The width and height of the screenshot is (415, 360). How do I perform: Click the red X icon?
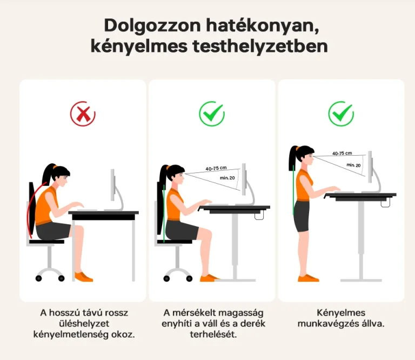pos(83,114)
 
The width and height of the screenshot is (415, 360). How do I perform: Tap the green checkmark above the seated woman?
pos(212,114)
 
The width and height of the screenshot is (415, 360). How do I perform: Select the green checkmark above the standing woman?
pos(341,114)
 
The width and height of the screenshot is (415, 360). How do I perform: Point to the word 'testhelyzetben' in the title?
pos(260,46)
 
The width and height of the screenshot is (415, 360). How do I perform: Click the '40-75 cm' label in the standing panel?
pos(342,154)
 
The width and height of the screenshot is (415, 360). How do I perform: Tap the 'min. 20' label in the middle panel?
pos(227,178)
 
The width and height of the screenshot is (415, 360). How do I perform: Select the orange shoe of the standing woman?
pos(308,278)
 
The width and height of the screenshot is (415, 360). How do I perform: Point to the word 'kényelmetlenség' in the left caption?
pos(71,335)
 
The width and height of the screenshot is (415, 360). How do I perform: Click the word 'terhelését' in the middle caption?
pos(213,334)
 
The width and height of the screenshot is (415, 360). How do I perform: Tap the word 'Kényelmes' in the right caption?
pos(341,312)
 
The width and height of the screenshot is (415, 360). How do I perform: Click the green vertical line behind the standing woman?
pos(293,190)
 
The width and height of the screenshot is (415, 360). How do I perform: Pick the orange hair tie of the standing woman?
pos(297,148)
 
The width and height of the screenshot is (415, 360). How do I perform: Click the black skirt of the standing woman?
pos(302,216)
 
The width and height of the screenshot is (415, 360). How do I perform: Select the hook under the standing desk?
pos(385,204)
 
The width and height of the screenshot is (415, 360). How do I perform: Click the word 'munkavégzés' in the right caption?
pos(323,324)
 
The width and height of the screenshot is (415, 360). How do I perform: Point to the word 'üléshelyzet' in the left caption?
pos(84,323)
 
